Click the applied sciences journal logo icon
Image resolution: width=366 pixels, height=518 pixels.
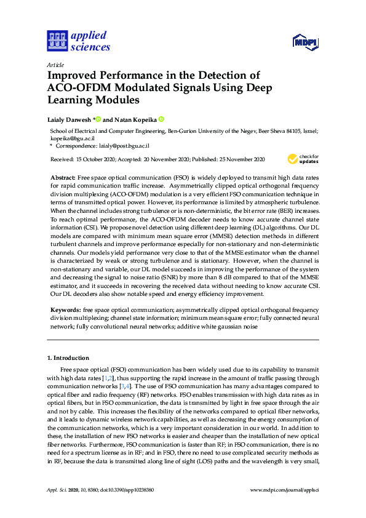(x=56, y=41)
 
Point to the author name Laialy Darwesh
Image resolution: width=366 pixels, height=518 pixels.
(x=69, y=119)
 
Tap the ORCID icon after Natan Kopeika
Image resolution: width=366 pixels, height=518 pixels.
(x=162, y=119)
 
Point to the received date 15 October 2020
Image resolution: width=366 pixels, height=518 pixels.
(x=98, y=159)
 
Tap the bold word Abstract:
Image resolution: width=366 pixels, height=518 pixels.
(x=62, y=177)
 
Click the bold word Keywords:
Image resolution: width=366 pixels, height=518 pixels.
(x=65, y=309)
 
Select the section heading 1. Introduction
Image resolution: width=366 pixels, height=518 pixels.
(x=68, y=357)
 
